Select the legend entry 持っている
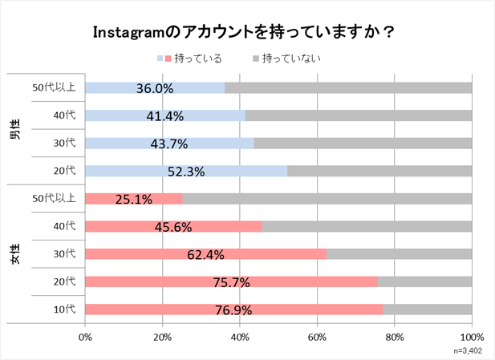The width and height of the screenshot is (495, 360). pyautogui.click(x=192, y=59)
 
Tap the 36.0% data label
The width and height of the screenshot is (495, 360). pyautogui.click(x=155, y=88)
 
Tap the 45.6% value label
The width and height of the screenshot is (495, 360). pyautogui.click(x=172, y=227)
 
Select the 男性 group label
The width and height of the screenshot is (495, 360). pyautogui.click(x=14, y=130)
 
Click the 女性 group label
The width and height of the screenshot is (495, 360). pyautogui.click(x=14, y=254)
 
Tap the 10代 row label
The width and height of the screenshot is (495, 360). pyautogui.click(x=64, y=309)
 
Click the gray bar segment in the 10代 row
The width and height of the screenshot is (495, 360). pyautogui.click(x=427, y=309)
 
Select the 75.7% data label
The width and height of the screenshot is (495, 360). pyautogui.click(x=231, y=282)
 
